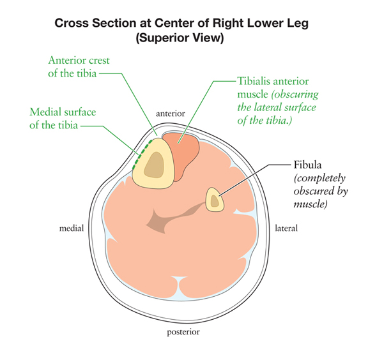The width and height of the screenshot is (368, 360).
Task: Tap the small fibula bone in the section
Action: pos(215,200)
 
